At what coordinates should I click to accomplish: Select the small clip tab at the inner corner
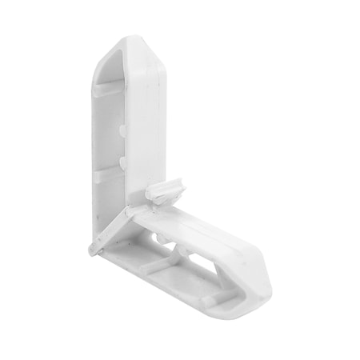click(167, 192)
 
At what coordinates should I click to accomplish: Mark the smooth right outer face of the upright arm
click(148, 120)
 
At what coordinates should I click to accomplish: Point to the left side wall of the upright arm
click(95, 160)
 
